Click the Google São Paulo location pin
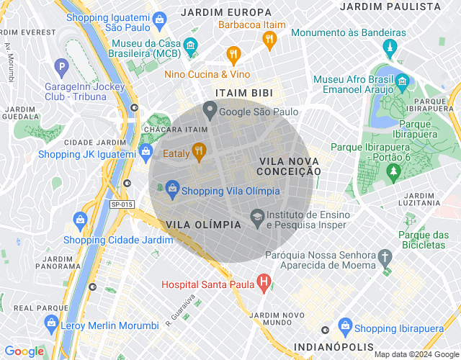pos(210,110)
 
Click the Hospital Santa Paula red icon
pos(264,283)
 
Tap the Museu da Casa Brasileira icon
pos(190,47)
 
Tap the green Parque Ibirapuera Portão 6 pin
pos(393,171)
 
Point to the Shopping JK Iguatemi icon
pos(146,151)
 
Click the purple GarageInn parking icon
pos(63,69)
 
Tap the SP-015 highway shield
pos(122,205)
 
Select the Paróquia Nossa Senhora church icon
pos(385,257)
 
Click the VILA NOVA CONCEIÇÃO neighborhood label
pos(289,165)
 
